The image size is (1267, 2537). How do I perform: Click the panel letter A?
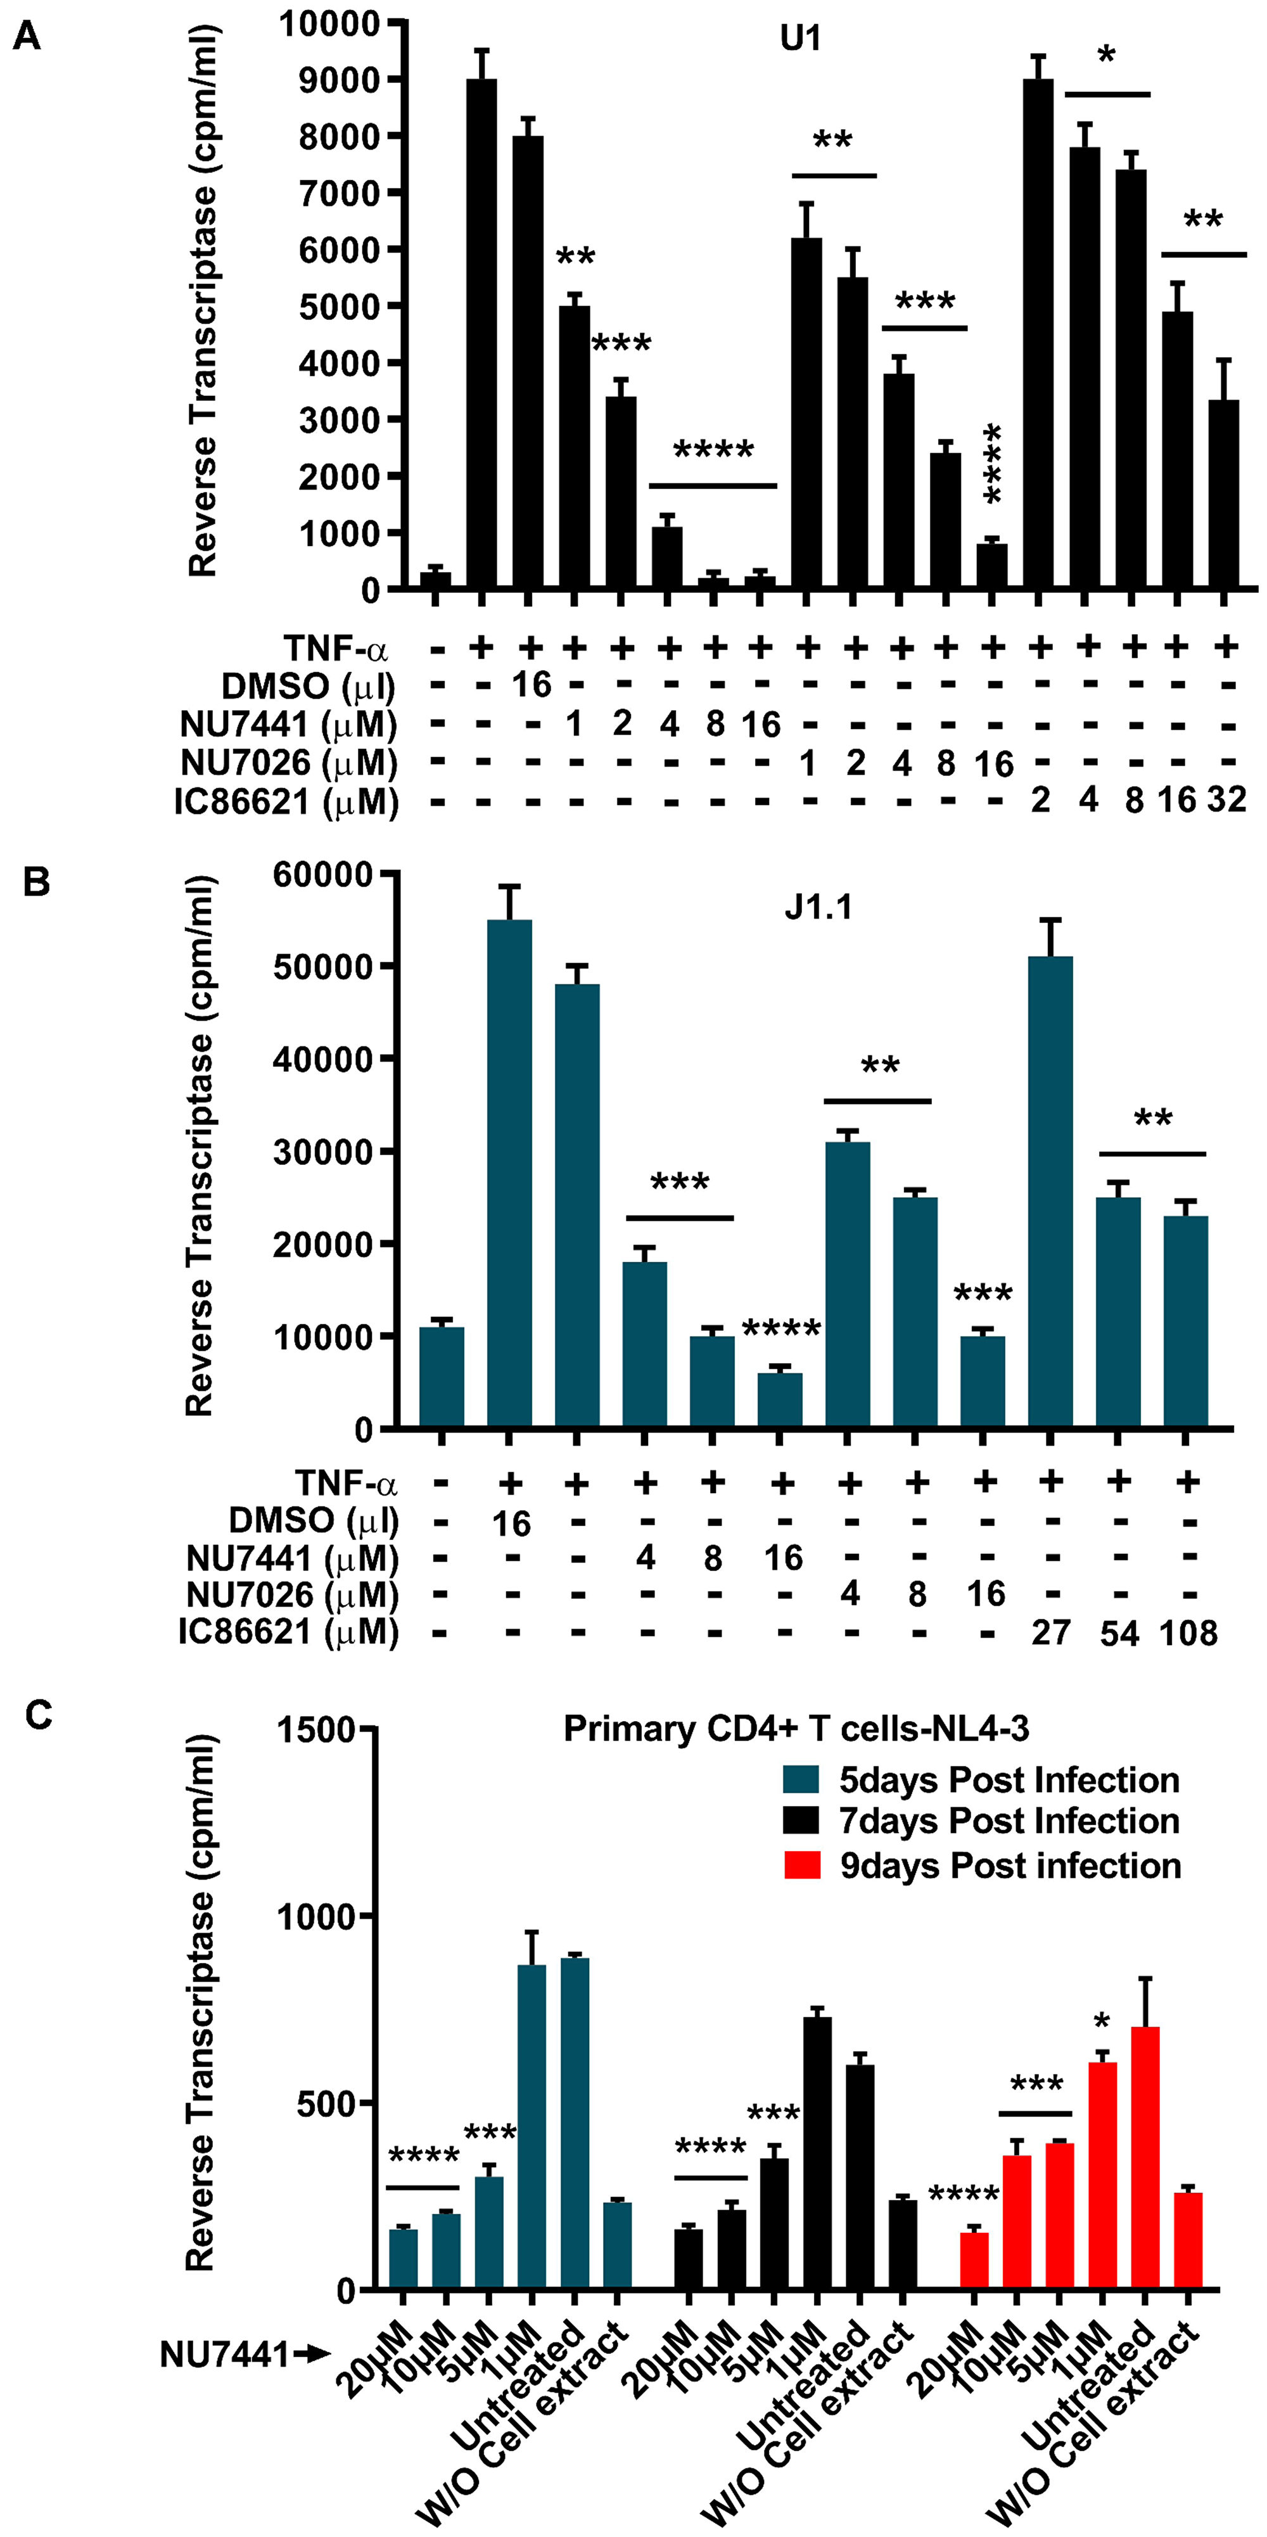[27, 37]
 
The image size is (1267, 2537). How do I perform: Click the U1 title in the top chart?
[800, 39]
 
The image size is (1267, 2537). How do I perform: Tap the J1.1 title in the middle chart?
[818, 907]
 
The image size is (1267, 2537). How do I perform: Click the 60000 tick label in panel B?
[323, 875]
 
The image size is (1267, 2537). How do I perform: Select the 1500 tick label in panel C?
[315, 1731]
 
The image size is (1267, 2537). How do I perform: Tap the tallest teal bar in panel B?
[509, 1172]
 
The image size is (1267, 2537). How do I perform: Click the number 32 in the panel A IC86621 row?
[1226, 799]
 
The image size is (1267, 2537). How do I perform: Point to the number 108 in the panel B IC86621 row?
[1188, 1633]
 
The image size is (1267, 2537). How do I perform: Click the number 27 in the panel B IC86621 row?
[1050, 1633]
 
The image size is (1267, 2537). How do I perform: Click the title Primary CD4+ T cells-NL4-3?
[796, 1729]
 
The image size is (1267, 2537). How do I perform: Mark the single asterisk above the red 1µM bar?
[1102, 2023]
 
